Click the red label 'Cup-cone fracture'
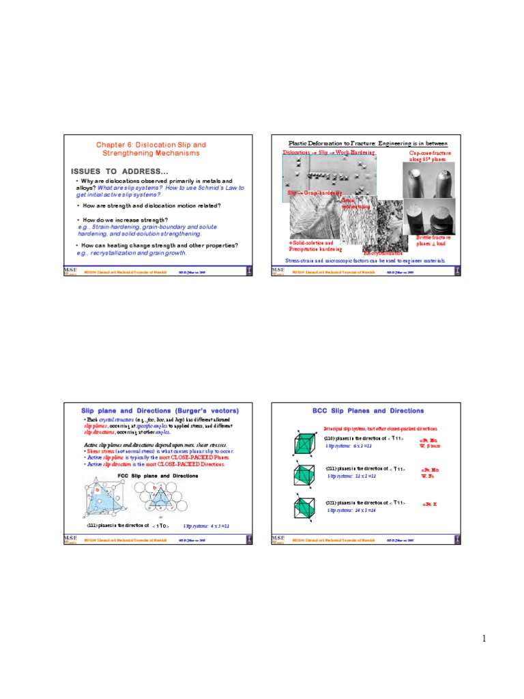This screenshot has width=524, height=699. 431,154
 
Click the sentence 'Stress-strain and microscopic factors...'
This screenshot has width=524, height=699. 365,261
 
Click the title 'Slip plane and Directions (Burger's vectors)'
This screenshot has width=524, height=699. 160,410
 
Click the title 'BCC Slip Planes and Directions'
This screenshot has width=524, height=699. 368,410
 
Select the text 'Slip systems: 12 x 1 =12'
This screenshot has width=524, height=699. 349,476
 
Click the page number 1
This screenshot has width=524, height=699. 483,638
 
